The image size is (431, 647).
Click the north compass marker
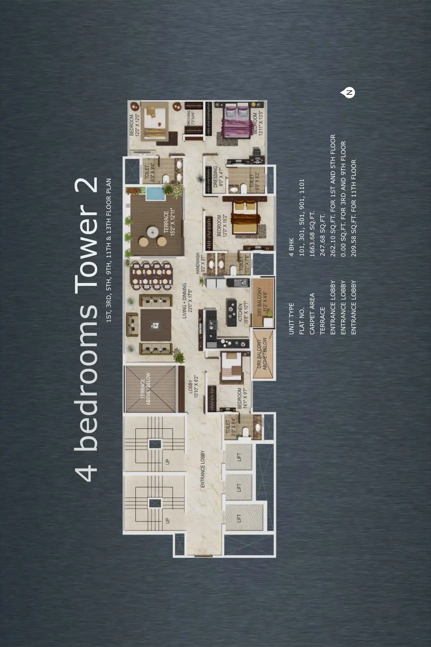[x=349, y=93]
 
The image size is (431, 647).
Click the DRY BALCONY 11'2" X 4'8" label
[x=262, y=302]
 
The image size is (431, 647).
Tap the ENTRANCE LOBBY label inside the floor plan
[x=203, y=469]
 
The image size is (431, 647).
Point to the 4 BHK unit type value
[x=291, y=247]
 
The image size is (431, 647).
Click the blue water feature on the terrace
[x=156, y=194]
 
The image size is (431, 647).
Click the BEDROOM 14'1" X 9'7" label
[x=242, y=398]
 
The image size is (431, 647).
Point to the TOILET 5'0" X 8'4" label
[x=230, y=428]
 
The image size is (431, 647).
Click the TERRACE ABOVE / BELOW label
[x=145, y=389]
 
